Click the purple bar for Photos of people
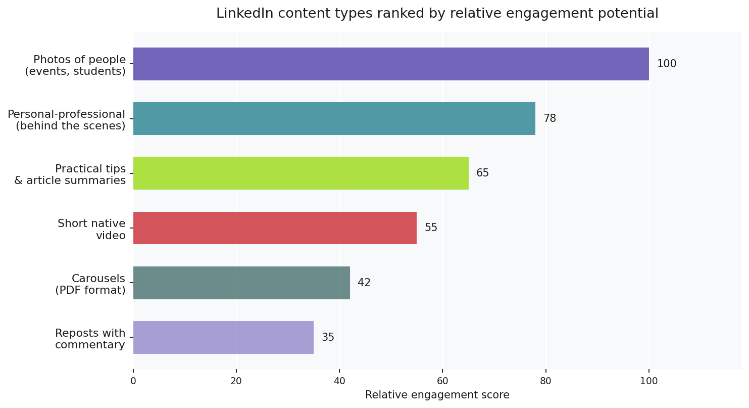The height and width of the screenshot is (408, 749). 391,64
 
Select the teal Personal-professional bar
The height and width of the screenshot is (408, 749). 334,119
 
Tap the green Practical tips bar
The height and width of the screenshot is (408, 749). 301,173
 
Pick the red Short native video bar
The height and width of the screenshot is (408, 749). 275,228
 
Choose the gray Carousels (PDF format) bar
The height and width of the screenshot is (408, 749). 241,283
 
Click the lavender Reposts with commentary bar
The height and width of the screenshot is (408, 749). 223,338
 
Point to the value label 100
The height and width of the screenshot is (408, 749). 666,64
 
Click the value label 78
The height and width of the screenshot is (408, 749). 550,119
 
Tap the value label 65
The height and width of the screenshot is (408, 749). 482,173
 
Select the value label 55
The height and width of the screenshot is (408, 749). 431,228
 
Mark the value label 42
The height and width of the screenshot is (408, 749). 364,283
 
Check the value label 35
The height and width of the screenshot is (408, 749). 328,338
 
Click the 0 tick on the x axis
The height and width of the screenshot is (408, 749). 133,382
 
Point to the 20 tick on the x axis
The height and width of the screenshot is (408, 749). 236,382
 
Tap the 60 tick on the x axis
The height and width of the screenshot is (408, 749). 442,382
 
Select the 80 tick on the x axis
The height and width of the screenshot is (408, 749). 545,382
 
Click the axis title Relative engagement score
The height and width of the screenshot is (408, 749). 437,395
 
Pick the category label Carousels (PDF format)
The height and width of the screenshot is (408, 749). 90,285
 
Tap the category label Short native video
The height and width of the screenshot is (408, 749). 91,230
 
